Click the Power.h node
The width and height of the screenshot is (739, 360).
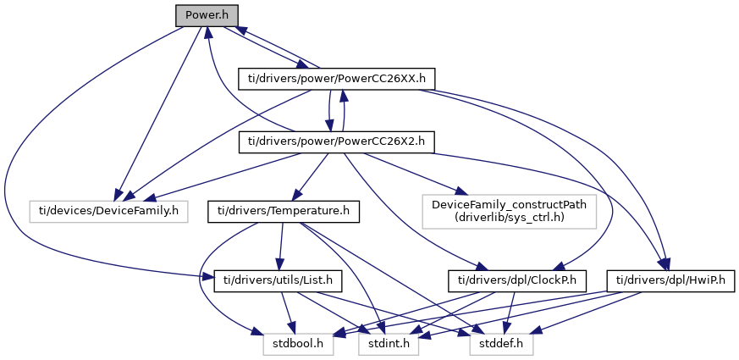click(x=207, y=15)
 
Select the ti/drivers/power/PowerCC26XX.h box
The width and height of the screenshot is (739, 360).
click(x=336, y=79)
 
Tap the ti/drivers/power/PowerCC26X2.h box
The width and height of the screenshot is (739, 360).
click(x=336, y=142)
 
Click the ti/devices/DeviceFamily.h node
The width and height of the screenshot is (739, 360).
click(x=109, y=208)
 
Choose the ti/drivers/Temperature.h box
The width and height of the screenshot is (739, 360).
click(x=284, y=210)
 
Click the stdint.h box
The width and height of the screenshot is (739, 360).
click(x=389, y=345)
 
